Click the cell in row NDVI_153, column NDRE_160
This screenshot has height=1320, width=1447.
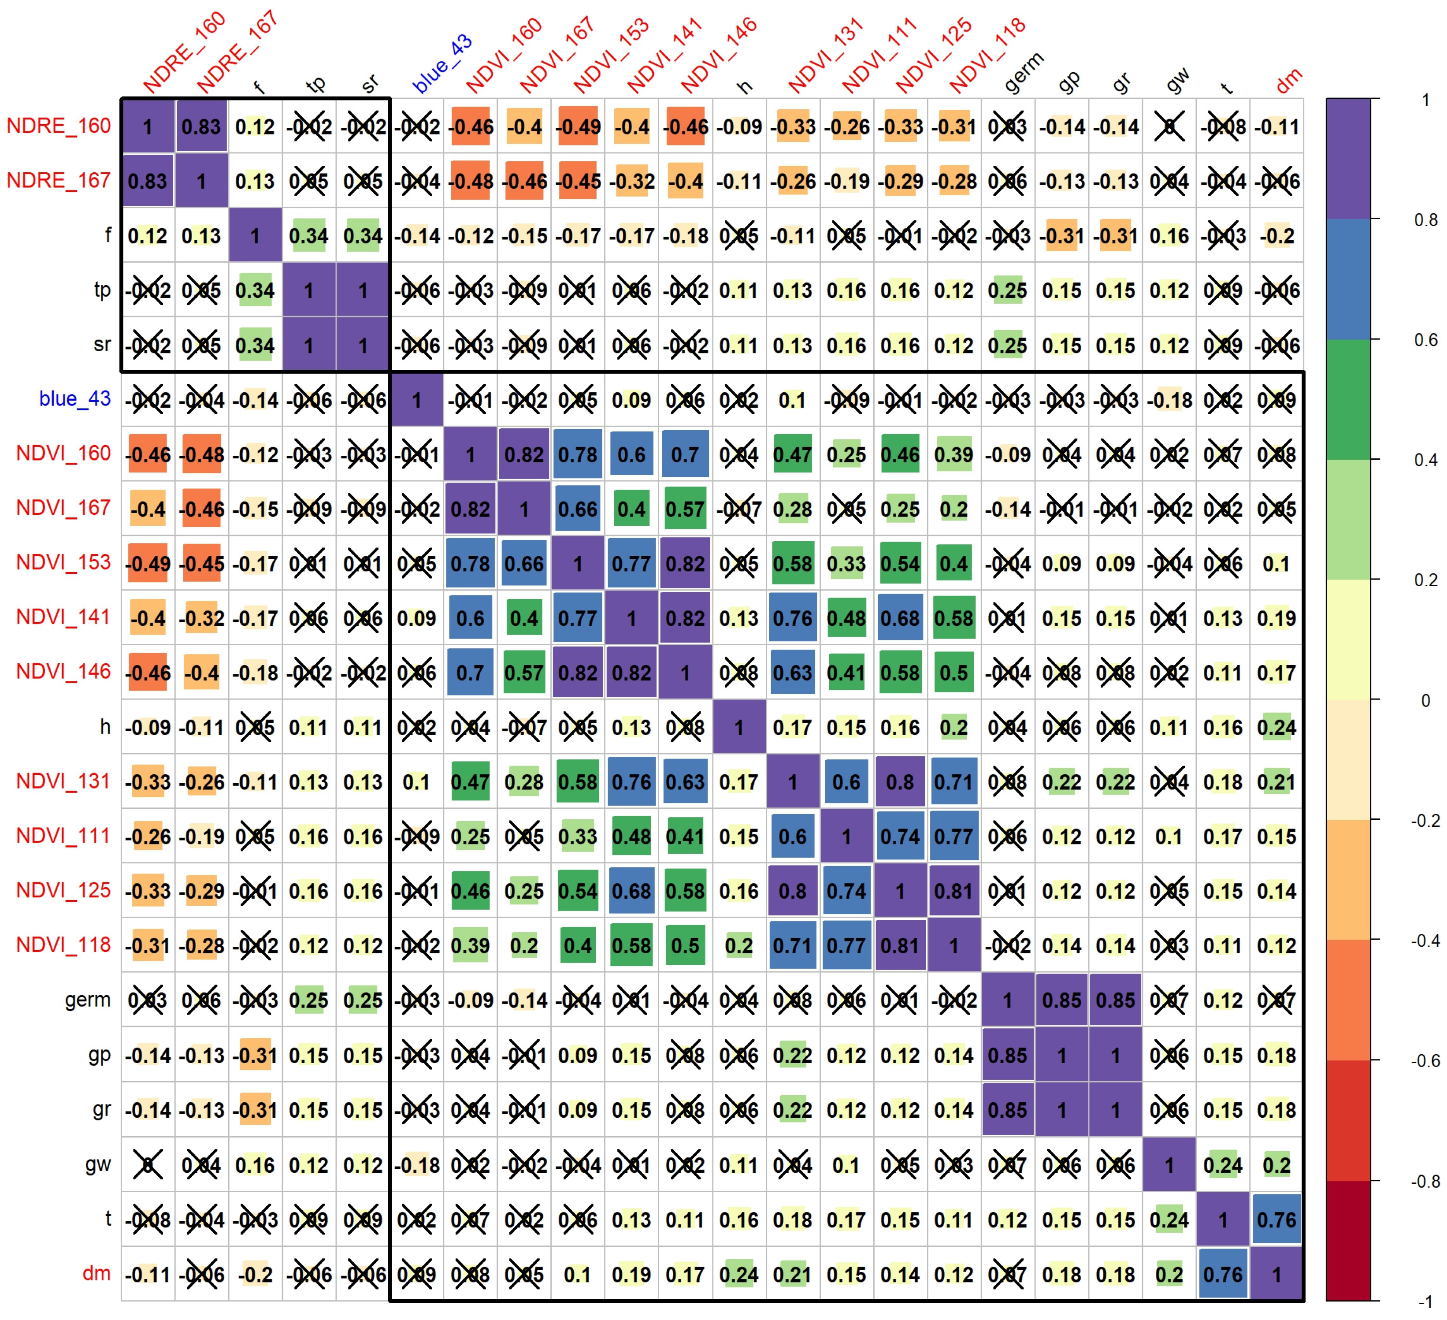click(148, 563)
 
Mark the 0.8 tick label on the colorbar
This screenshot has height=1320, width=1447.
click(1425, 219)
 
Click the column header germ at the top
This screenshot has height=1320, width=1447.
click(1024, 72)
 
